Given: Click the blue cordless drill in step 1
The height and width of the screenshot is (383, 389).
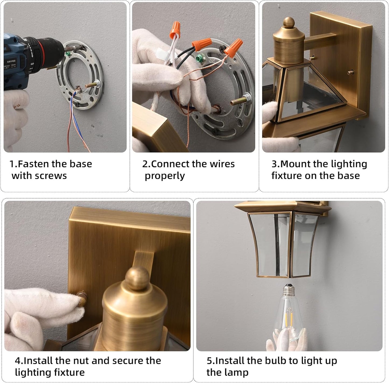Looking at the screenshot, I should coord(19,62).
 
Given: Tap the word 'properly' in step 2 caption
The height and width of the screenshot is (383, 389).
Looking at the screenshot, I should coord(164,176).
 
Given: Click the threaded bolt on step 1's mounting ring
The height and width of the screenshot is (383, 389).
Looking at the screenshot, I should coord(92,85).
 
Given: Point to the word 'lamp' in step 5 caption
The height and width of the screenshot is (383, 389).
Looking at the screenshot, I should coord(237,372).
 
